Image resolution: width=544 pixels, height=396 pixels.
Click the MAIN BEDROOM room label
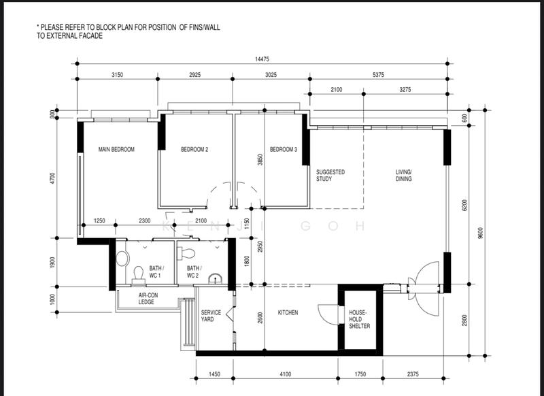click(x=116, y=150)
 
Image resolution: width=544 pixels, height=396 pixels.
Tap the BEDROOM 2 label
click(x=194, y=150)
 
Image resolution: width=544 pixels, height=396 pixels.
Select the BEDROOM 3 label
click(x=284, y=150)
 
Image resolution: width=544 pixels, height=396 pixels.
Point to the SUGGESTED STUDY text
click(x=330, y=176)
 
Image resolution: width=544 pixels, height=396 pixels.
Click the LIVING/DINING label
click(x=405, y=176)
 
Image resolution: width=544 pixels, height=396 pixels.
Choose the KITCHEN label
click(x=288, y=313)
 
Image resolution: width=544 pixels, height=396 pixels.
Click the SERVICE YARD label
click(x=211, y=316)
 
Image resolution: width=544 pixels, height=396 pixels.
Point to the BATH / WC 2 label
click(x=193, y=272)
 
